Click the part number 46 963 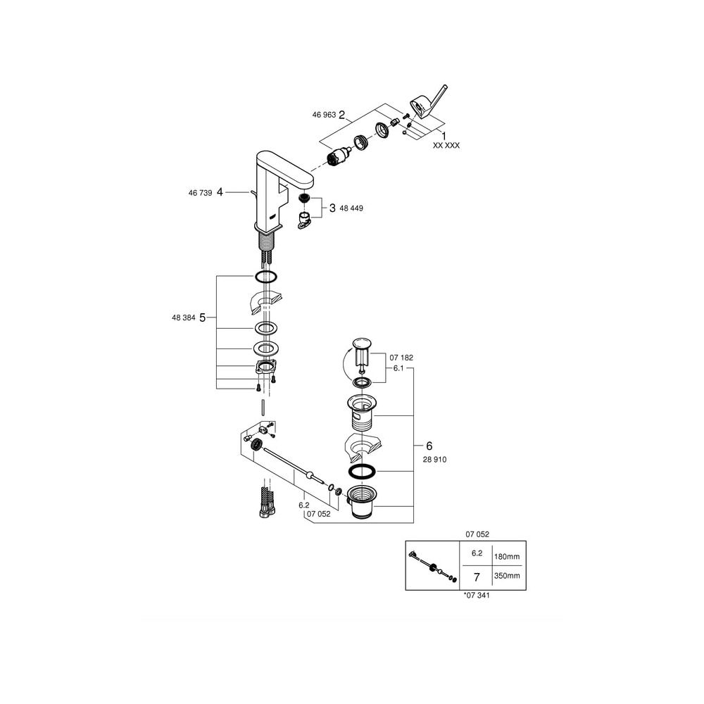324,115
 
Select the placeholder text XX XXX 446,146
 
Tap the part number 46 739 200,193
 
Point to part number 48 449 351,208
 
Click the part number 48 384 184,318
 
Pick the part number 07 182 401,358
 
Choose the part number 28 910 434,460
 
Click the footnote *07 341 477,596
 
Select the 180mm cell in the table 507,557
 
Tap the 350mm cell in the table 507,576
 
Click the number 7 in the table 477,577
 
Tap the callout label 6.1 398,368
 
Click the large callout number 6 429,446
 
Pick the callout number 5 202,318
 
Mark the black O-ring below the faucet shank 266,277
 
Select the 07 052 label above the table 477,535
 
